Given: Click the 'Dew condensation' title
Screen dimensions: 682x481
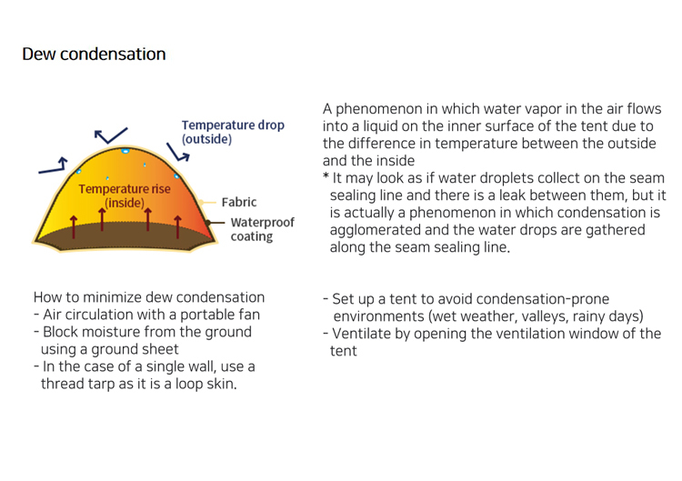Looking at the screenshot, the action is click(94, 55).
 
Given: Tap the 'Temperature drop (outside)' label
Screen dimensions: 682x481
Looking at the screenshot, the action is click(232, 132).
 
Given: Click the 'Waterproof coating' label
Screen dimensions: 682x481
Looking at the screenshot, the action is click(251, 229).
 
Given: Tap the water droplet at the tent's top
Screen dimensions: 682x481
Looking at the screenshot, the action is click(125, 150).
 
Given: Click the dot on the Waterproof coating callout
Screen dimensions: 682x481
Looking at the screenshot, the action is click(207, 222).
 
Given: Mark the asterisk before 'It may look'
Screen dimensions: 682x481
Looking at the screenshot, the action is click(326, 177).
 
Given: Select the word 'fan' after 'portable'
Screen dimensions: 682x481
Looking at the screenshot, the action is click(248, 316).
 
